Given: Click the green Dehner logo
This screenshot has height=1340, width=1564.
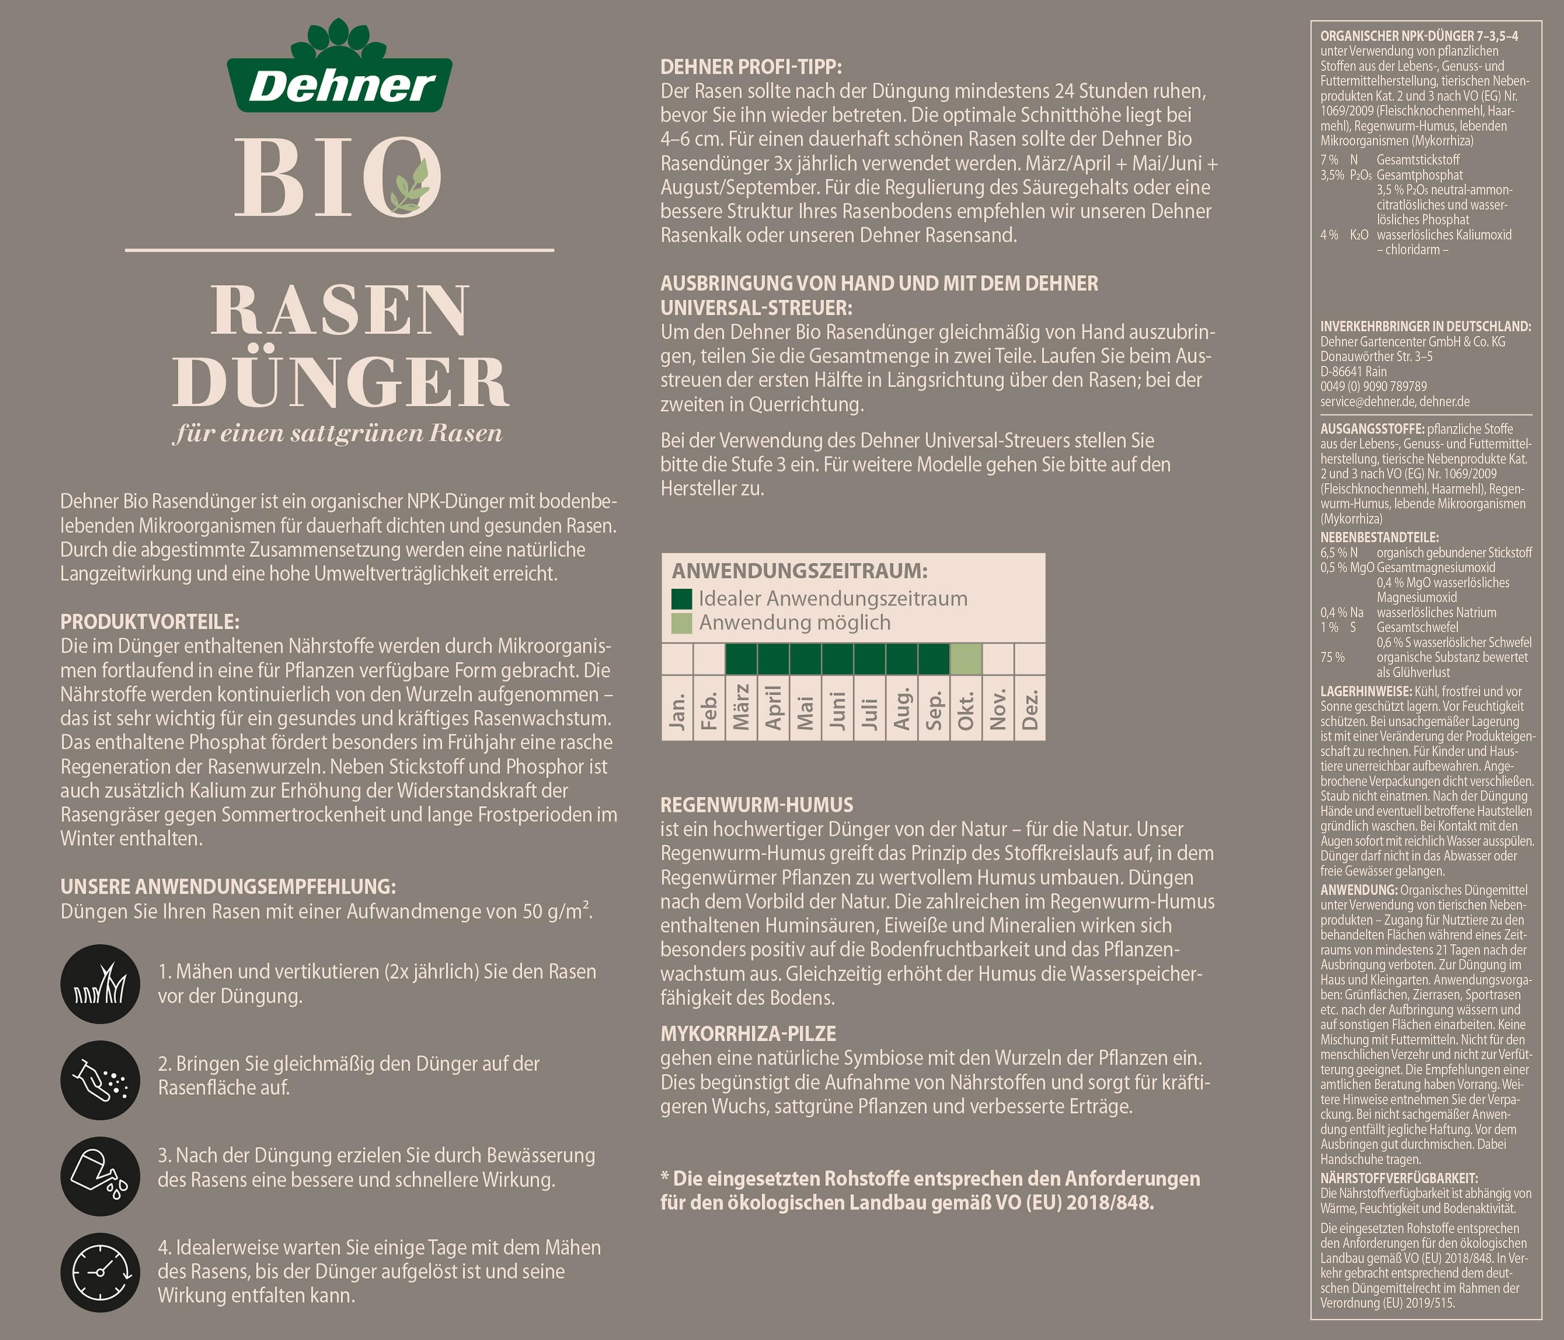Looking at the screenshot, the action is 340,66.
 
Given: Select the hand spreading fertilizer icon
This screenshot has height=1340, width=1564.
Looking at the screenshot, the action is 100,1080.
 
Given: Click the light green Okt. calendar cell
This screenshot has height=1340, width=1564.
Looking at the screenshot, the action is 965,659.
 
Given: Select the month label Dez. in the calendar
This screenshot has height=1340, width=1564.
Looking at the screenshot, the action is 1030,709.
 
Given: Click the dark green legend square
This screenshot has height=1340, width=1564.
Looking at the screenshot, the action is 682,599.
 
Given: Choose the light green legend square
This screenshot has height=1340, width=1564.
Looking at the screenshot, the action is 682,623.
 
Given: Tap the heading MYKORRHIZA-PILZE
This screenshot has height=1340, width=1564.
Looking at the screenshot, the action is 748,1034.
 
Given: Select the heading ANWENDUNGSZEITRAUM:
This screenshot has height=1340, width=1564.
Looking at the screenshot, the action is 800,571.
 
